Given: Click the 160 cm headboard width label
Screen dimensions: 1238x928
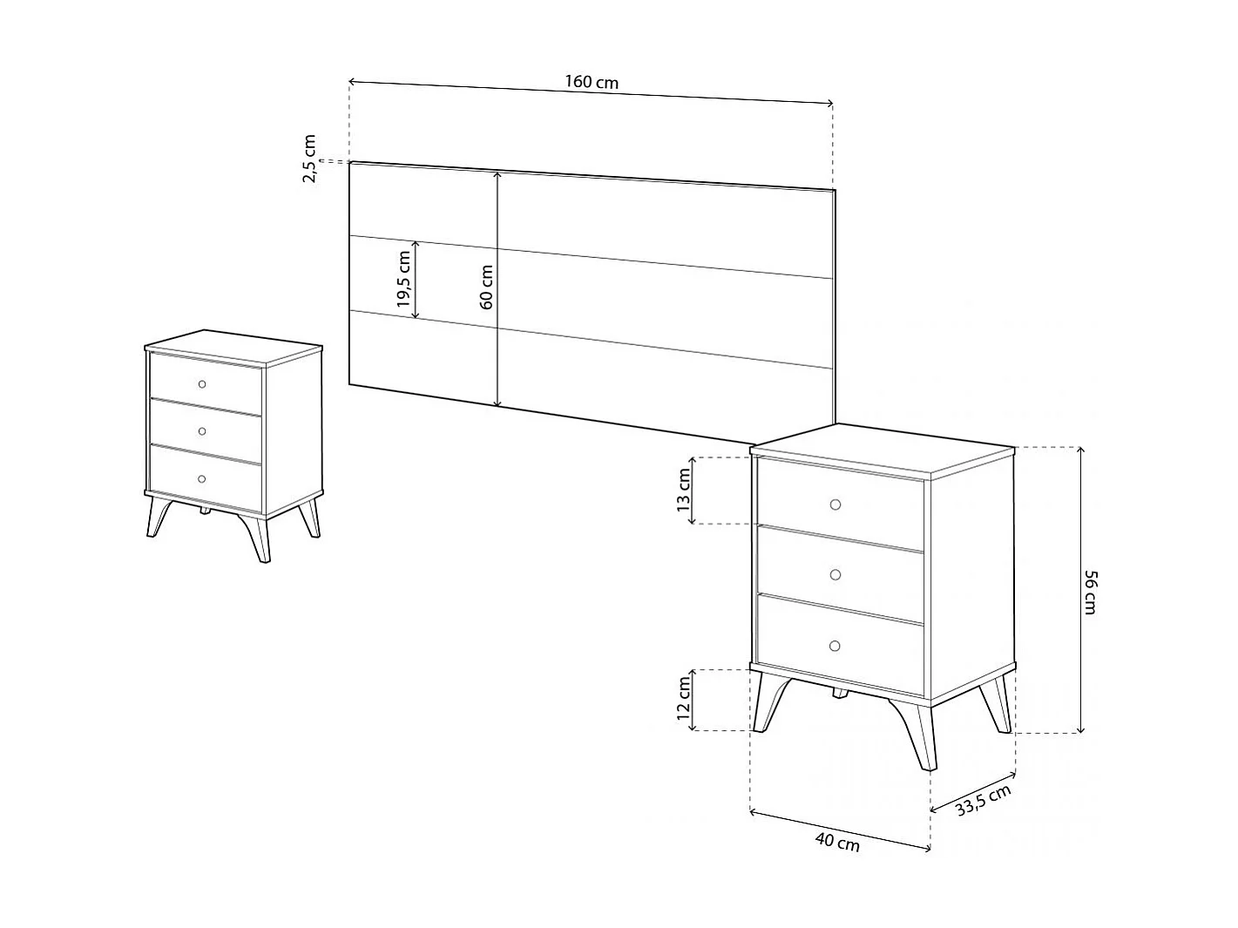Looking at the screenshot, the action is point(592,83).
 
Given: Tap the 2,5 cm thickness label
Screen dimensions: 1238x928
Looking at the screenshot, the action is point(309,159).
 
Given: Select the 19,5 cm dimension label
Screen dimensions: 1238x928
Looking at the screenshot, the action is point(403,279).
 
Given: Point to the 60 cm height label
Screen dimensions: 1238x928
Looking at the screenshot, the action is point(487,288).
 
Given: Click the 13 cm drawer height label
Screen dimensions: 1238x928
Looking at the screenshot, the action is point(684,490).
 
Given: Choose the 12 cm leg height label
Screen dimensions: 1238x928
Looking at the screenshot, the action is point(684,699).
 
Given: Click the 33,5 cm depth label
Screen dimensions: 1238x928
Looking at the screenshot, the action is point(983,801).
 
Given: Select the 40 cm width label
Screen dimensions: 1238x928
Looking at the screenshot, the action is point(837,843).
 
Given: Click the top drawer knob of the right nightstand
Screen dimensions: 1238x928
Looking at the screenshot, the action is point(835,505).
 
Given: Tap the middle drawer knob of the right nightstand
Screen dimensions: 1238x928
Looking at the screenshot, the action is point(835,575).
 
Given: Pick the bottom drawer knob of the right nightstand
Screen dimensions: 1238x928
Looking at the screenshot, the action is point(835,646).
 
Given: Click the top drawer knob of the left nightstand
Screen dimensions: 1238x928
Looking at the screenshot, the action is point(202,384).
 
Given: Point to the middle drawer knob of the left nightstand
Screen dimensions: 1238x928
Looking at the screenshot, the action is point(202,431).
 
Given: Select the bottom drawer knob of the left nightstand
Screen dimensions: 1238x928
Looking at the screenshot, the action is point(202,479).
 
